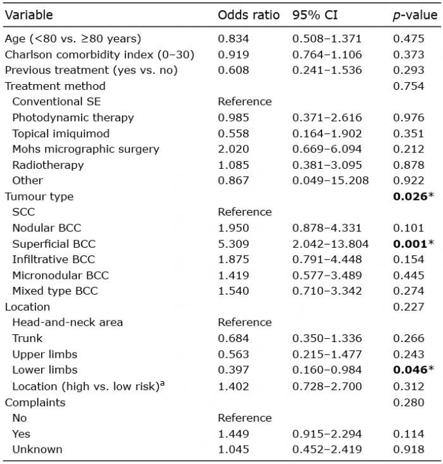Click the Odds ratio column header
coord(249,15)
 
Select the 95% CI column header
coord(315,15)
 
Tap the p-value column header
coord(415,15)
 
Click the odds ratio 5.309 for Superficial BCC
coord(233,244)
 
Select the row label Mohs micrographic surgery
coord(85,149)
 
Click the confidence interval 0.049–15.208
coord(330,181)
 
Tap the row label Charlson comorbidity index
coord(79,55)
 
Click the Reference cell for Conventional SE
coord(245,102)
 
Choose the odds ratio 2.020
coord(233,149)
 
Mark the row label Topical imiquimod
coord(61,134)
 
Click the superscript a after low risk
coord(162,384)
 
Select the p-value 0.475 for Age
coord(409,39)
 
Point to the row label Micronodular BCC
coord(61,276)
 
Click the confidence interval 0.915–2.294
coord(327,434)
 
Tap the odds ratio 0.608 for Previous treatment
coord(233,70)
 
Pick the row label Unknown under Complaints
coord(37,449)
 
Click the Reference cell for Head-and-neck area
coord(245,322)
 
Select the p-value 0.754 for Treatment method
coord(409,86)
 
